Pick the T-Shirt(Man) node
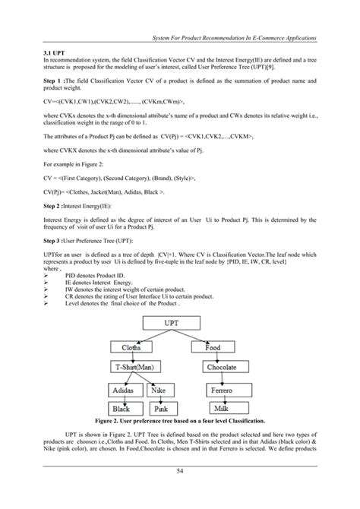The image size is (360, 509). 137,367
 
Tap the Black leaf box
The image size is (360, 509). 121,408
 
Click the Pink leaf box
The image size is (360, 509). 163,408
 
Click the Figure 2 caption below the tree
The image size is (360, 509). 179,419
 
